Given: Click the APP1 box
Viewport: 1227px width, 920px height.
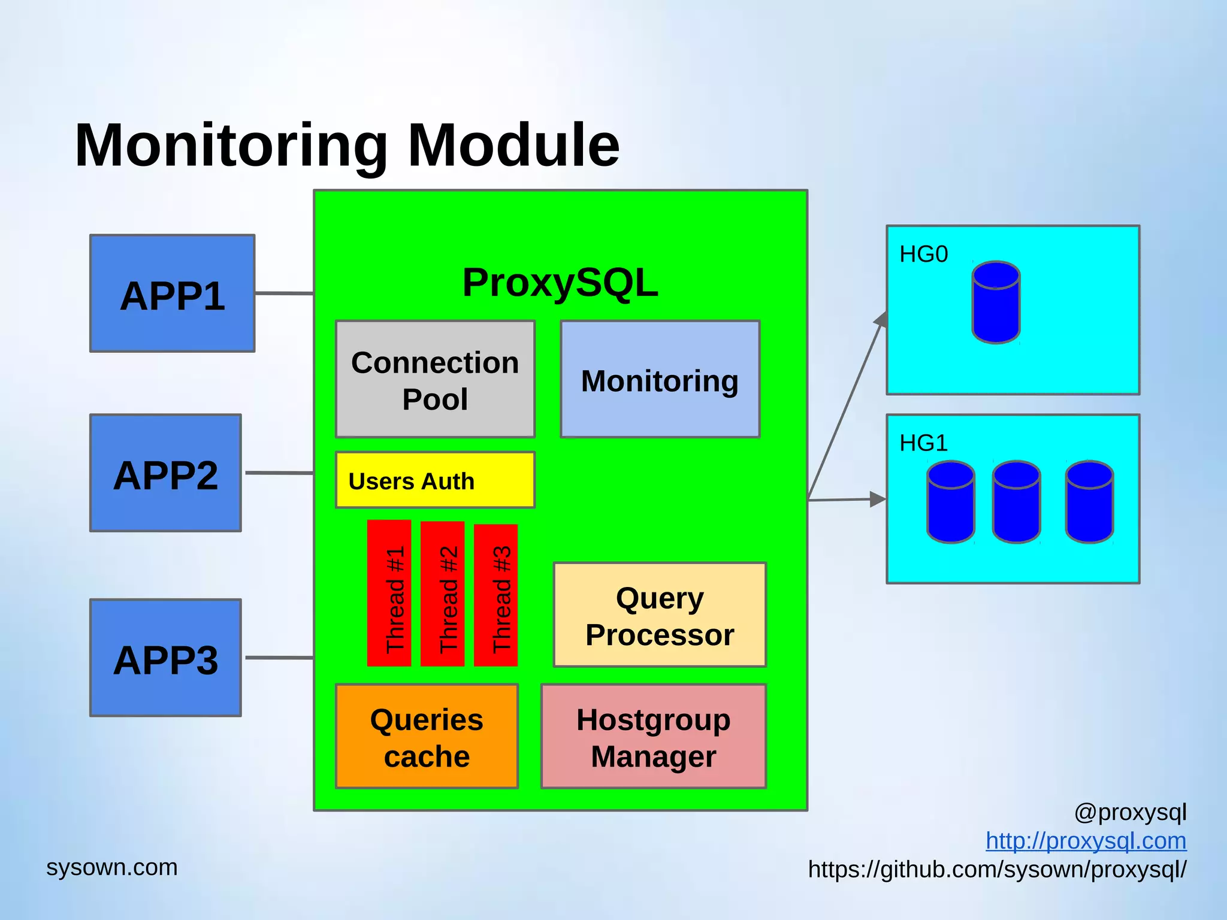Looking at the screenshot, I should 172,293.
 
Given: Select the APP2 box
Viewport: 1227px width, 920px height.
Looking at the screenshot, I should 165,473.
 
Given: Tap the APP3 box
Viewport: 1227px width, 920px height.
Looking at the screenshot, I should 165,658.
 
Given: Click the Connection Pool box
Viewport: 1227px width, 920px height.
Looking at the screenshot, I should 435,379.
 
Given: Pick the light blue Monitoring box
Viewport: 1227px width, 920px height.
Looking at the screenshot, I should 660,379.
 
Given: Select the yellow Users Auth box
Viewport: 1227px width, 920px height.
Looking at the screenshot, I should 435,480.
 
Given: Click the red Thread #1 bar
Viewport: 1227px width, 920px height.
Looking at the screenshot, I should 389,593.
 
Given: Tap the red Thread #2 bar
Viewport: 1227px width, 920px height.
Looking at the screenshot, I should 442,593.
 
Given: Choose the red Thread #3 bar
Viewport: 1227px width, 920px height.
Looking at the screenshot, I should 495,595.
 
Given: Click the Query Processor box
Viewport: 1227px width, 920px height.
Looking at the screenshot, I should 660,615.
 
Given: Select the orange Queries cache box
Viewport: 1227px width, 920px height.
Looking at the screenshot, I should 427,736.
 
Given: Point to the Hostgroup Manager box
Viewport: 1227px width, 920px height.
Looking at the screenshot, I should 654,736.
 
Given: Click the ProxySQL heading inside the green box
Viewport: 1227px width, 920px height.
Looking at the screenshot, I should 560,283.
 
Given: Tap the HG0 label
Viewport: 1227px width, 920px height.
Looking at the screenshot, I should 923,255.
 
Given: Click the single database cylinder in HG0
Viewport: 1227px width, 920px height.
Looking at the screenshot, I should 996,302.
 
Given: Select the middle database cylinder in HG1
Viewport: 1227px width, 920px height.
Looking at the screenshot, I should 1016,502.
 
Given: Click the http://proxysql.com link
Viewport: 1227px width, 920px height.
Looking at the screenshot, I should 1086,841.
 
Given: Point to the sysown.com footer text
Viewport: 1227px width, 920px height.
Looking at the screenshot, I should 112,867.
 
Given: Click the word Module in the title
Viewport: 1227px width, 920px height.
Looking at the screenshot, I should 513,145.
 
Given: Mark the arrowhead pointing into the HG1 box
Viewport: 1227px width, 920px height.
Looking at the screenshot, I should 878,499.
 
